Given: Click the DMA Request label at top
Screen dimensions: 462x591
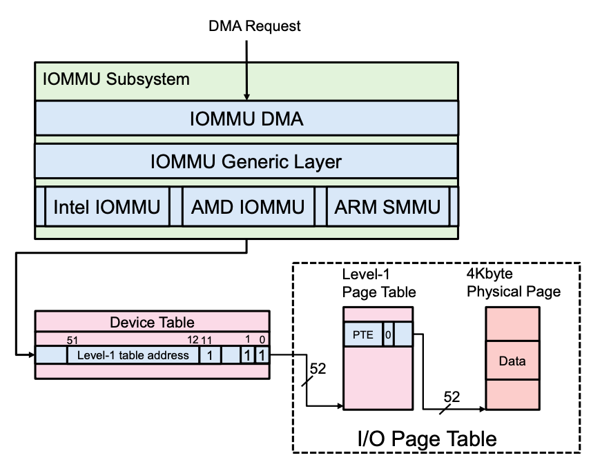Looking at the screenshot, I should [255, 26].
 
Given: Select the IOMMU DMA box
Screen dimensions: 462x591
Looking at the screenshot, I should [246, 119].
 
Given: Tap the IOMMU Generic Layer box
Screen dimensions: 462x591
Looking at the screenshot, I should [246, 162].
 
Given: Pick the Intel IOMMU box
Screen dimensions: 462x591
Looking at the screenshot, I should [107, 205].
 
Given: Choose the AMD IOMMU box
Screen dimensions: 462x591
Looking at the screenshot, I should [247, 205].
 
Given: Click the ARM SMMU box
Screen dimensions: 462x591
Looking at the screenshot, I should [387, 205].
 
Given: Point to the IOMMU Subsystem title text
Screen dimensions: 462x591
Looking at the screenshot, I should [116, 79].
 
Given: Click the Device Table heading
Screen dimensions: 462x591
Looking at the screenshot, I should [152, 322].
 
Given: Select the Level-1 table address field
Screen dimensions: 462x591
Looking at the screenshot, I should [133, 355].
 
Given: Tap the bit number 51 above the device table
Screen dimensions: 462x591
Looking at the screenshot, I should [72, 339].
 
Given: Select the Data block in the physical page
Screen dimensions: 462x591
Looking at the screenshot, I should [512, 361].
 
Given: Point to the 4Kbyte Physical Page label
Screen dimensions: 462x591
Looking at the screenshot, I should [513, 283].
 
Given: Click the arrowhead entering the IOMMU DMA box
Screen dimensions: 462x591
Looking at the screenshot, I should [246, 97].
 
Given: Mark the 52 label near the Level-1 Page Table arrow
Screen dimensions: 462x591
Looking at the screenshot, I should [318, 368].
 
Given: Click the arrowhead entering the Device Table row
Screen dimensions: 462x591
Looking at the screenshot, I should [31, 355].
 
